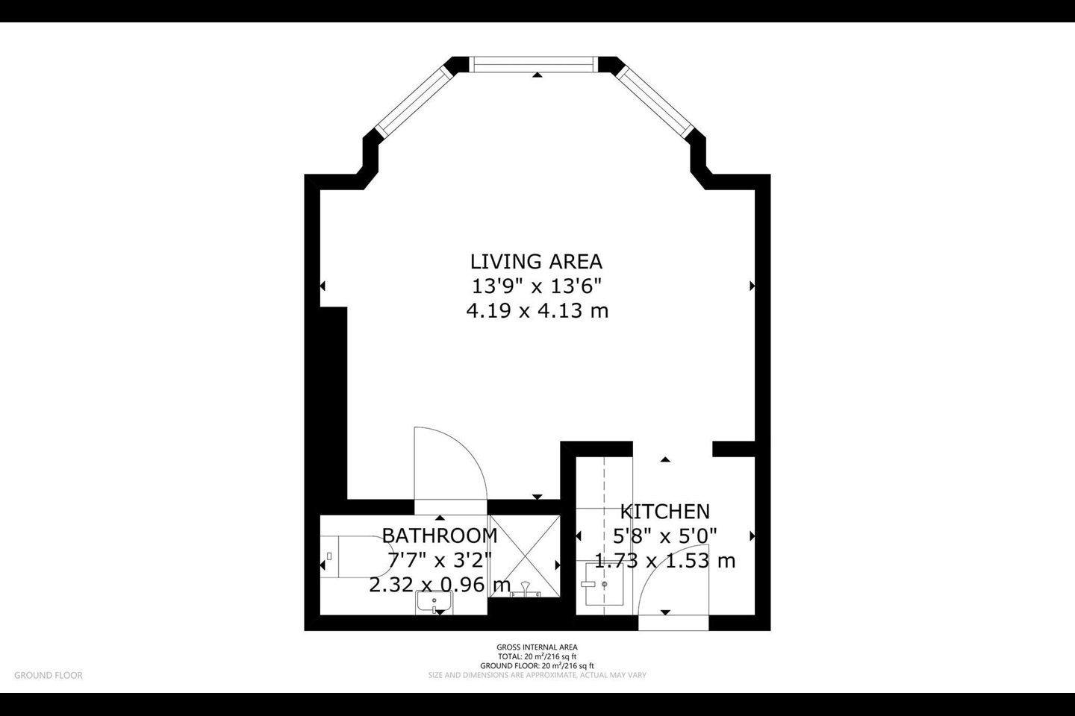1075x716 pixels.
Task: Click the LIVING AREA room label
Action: [536, 262]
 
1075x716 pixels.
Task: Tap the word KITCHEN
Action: [664, 512]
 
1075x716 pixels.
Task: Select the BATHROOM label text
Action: [440, 536]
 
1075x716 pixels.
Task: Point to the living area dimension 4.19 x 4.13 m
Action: [537, 311]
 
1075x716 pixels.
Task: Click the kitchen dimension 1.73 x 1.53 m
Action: [664, 561]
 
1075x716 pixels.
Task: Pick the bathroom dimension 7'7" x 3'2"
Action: [440, 559]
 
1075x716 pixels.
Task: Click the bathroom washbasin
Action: [434, 601]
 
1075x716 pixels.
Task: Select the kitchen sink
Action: [604, 584]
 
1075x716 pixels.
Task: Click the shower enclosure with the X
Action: [525, 556]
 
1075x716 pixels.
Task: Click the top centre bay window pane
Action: [534, 64]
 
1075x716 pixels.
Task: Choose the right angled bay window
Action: [655, 99]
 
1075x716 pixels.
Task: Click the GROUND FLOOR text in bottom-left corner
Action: [49, 675]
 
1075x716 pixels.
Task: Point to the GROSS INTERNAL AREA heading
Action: [537, 647]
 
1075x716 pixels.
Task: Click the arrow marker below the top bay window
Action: [537, 75]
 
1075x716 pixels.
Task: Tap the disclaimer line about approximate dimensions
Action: [537, 675]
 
